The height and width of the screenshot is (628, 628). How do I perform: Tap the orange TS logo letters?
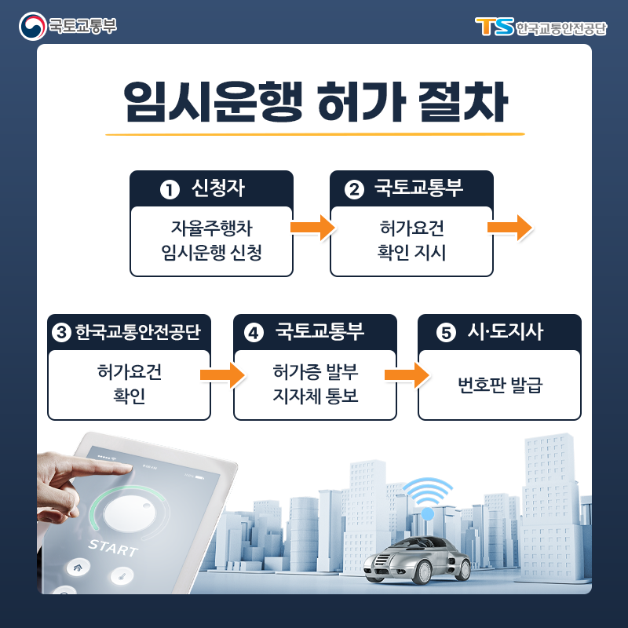[494, 27]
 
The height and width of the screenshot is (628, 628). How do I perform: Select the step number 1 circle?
[167, 189]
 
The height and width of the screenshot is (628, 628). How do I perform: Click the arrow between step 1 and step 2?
[312, 228]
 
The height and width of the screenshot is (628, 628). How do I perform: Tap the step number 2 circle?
[354, 189]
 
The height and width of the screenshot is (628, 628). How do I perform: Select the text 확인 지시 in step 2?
[411, 254]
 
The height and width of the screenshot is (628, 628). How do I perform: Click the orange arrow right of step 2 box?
[509, 228]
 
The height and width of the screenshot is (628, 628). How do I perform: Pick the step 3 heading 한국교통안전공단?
[137, 332]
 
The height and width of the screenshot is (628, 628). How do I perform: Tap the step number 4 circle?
[253, 333]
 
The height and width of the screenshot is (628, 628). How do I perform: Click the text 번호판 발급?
[500, 385]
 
